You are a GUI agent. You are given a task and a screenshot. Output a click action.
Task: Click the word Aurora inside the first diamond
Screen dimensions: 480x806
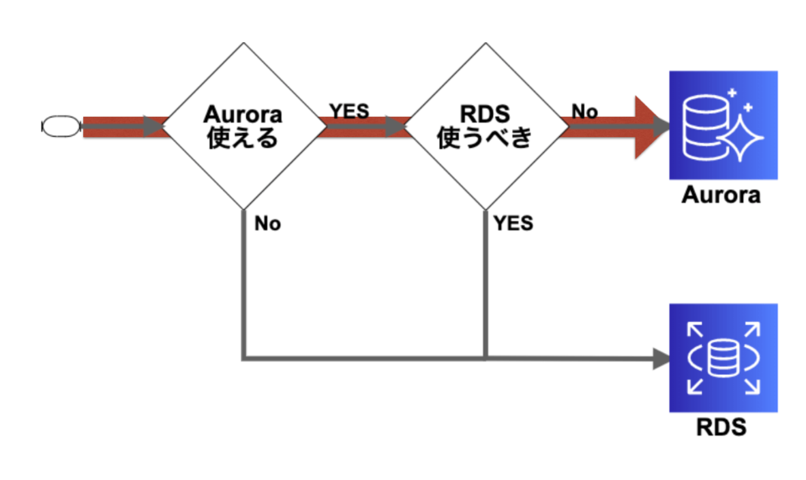click(x=243, y=115)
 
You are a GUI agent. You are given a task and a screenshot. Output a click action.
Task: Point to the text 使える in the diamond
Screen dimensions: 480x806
click(x=243, y=137)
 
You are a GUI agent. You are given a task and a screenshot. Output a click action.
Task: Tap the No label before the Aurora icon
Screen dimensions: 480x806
click(x=584, y=111)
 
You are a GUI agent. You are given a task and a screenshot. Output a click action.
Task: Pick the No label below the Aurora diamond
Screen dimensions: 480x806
click(x=268, y=224)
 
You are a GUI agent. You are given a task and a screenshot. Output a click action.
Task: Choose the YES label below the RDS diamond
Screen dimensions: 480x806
click(x=513, y=224)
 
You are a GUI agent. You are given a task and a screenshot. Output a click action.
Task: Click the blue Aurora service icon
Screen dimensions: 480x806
click(x=723, y=124)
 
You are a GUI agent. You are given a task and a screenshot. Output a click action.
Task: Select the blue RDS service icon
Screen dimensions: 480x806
click(x=723, y=357)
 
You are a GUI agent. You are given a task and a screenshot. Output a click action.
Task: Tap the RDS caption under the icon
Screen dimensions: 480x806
click(x=721, y=428)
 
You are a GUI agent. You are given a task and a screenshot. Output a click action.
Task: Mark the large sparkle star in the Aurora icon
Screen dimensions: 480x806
click(x=742, y=135)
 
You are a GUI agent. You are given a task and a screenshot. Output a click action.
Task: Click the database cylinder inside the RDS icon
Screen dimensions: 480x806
click(x=722, y=358)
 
